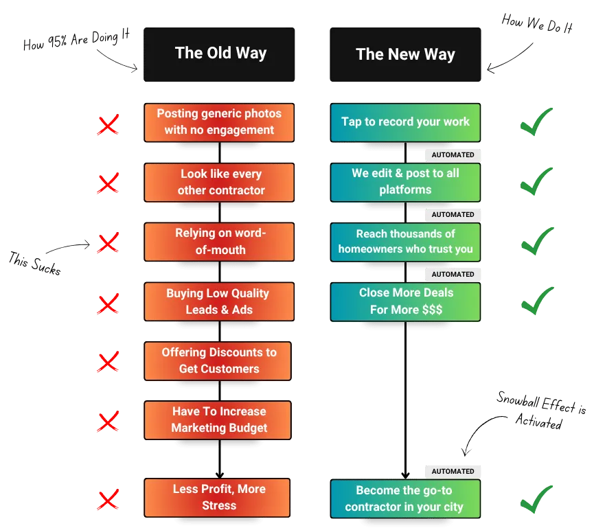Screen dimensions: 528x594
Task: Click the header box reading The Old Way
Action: click(x=220, y=53)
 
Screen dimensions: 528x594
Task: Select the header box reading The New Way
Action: click(x=405, y=54)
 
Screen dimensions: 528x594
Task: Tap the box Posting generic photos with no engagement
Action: click(x=219, y=122)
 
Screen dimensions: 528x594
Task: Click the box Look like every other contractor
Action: click(x=219, y=182)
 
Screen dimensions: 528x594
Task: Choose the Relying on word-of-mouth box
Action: click(x=219, y=242)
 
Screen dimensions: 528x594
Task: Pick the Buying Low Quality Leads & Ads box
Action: click(x=217, y=301)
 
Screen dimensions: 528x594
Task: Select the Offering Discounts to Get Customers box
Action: click(x=217, y=360)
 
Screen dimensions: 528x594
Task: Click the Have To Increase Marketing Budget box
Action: click(x=217, y=420)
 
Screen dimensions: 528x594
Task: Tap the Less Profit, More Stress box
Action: click(x=217, y=497)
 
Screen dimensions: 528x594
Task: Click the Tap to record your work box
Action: click(x=405, y=122)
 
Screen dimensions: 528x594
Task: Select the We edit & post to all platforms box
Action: click(x=405, y=182)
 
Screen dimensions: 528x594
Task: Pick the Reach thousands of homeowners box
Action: click(x=405, y=242)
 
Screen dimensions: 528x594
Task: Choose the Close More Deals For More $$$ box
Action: click(x=405, y=301)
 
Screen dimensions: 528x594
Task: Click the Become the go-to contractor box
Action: click(x=405, y=499)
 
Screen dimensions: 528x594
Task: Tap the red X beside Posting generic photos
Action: click(x=108, y=125)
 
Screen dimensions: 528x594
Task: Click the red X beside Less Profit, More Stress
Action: click(x=108, y=500)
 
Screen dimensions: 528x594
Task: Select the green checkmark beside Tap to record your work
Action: click(x=536, y=122)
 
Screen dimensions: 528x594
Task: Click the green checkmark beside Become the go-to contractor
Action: click(x=536, y=498)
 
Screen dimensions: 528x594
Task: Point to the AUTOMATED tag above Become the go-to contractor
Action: click(x=453, y=471)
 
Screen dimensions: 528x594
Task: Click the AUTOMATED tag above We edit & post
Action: click(x=453, y=155)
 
